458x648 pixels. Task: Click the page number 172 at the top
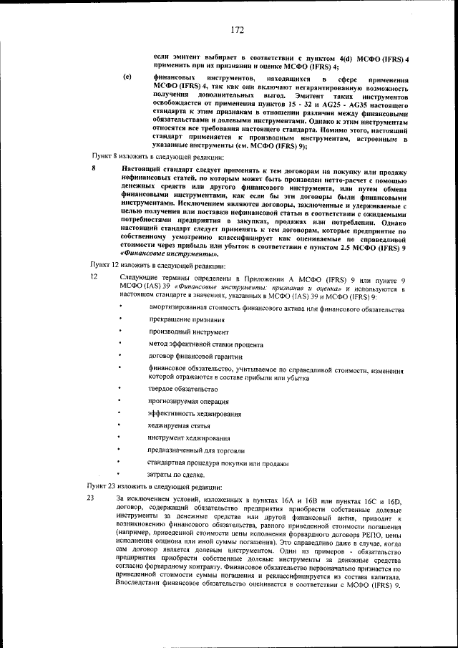click(x=238, y=30)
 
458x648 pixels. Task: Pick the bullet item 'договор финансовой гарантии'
click(x=195, y=357)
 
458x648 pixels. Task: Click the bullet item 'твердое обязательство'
click(x=182, y=388)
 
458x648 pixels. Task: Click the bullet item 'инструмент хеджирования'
click(x=189, y=437)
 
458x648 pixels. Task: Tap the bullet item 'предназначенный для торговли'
click(x=196, y=450)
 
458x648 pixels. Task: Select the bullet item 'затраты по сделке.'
click(x=176, y=475)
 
